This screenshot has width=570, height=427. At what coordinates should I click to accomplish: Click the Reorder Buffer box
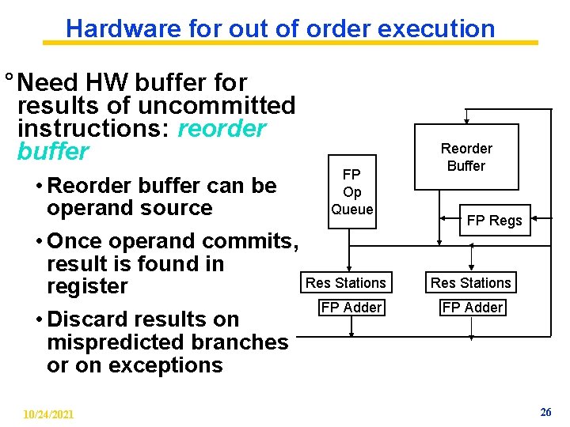click(467, 157)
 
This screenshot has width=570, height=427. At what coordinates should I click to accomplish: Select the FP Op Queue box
click(352, 191)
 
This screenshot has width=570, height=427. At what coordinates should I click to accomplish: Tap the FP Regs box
click(494, 221)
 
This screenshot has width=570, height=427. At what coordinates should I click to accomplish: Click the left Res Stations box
click(346, 282)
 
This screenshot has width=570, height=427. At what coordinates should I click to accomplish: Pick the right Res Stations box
click(471, 282)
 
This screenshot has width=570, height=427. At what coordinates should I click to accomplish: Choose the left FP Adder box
click(351, 307)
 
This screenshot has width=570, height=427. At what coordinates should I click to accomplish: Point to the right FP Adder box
click(473, 307)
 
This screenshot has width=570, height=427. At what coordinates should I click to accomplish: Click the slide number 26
click(545, 412)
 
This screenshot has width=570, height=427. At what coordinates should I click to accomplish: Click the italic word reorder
click(222, 128)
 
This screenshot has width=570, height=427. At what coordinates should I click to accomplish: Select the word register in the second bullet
click(87, 286)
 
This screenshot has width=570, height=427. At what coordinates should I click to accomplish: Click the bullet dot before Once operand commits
click(39, 241)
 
